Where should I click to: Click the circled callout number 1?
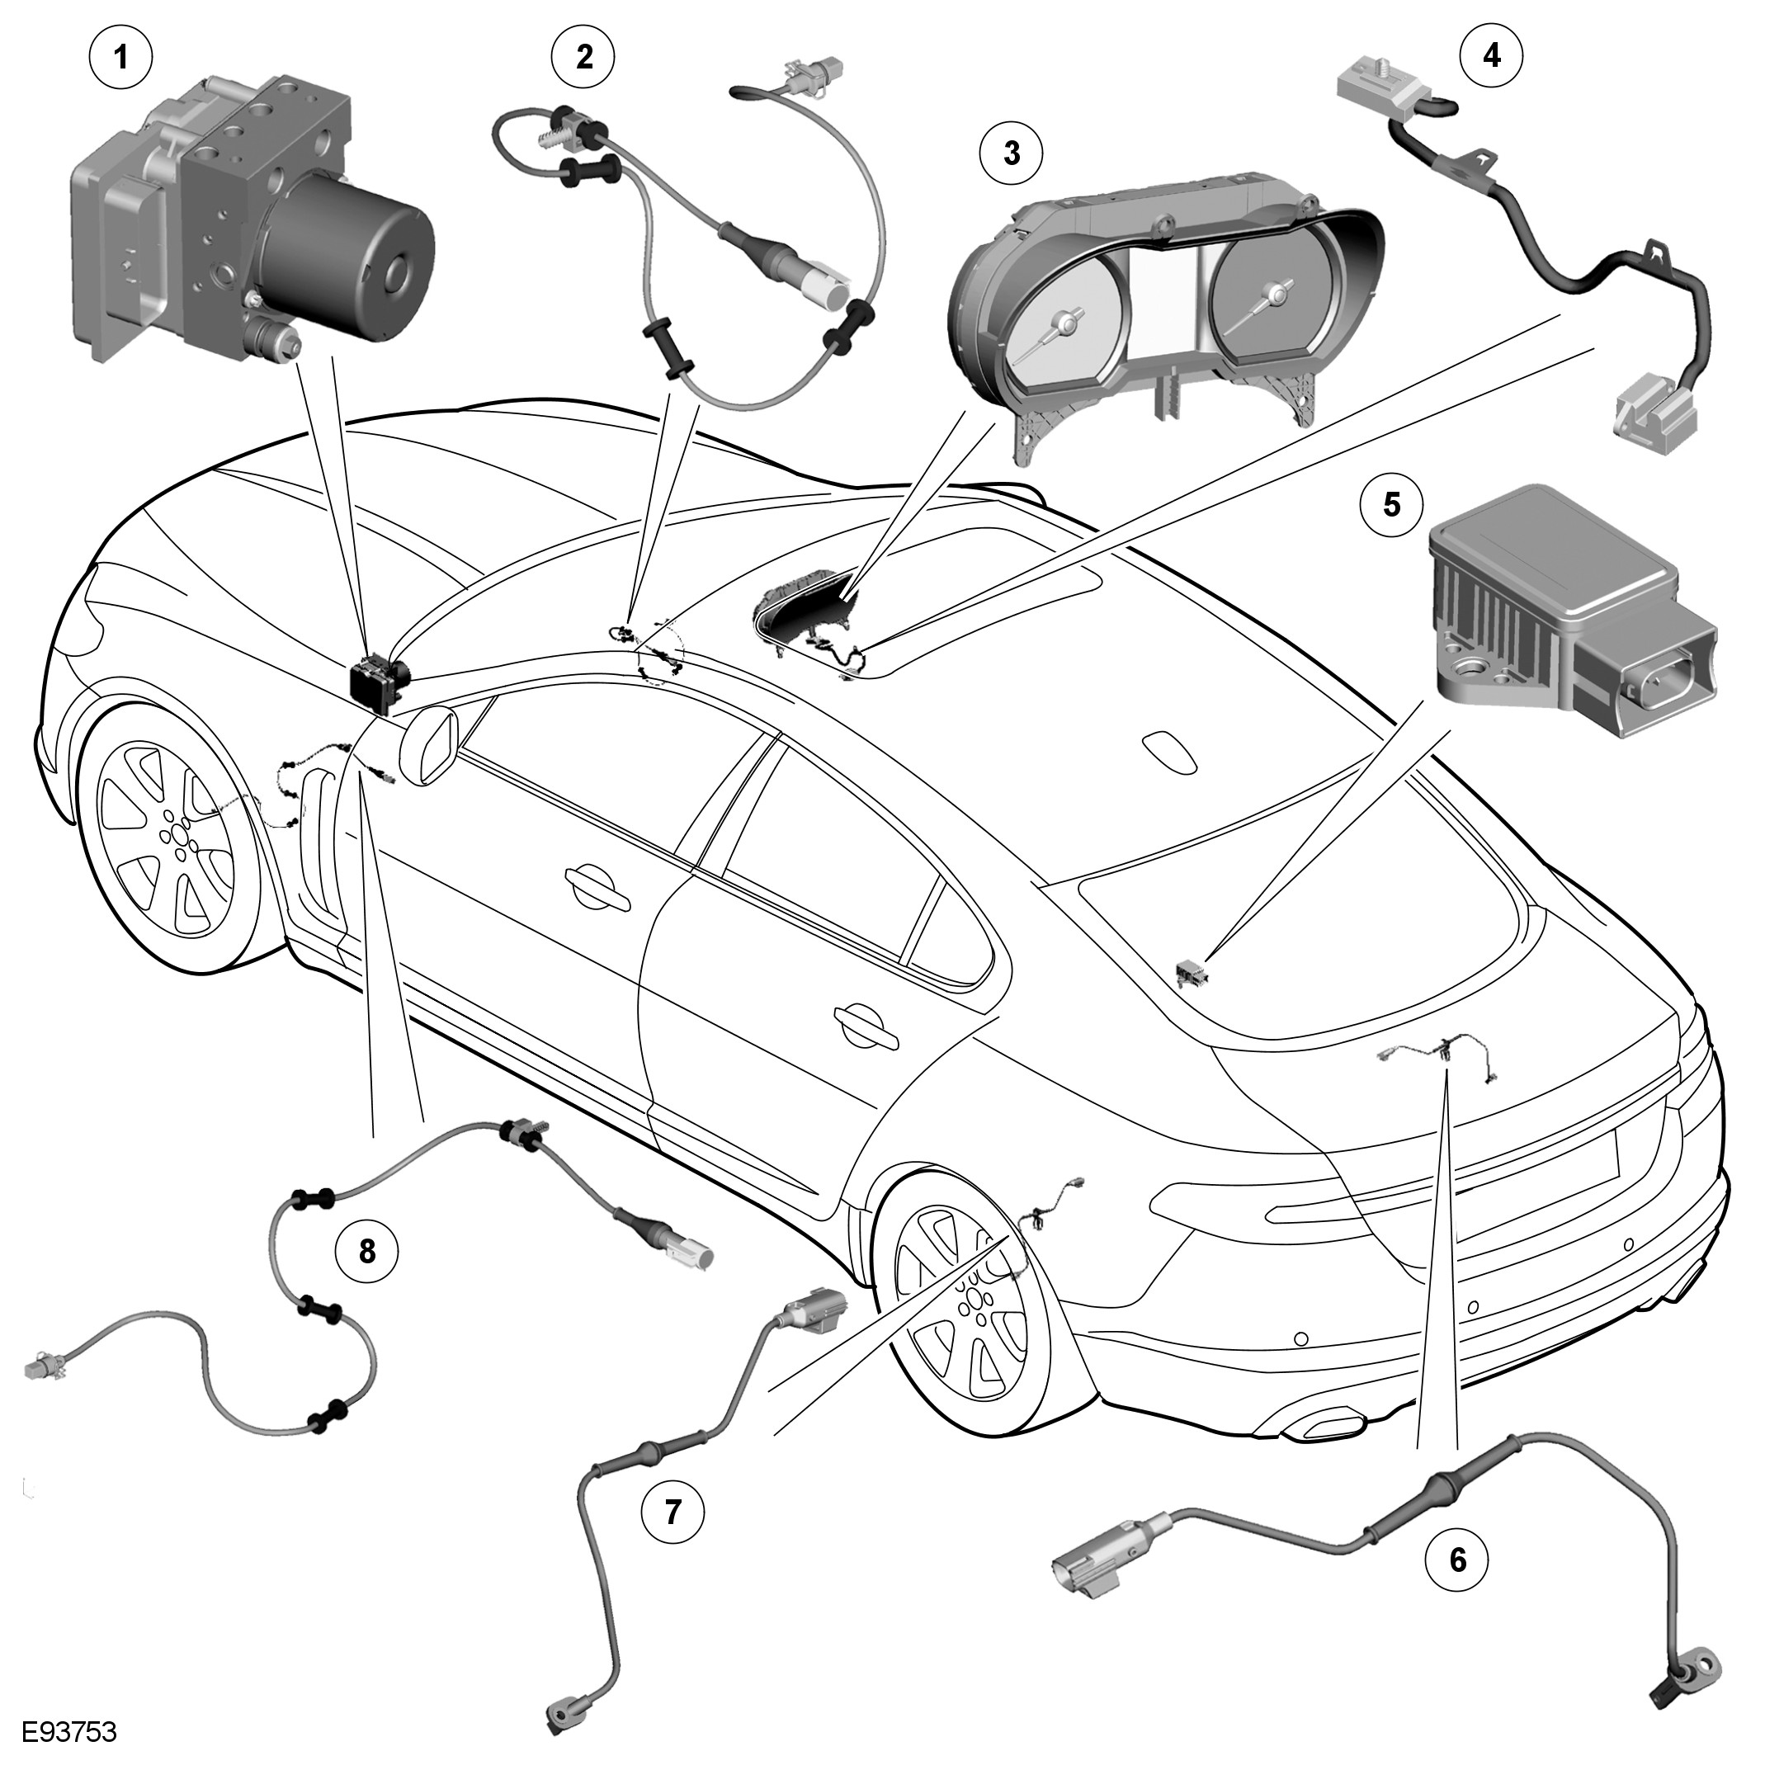coord(120,57)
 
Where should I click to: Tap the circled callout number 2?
coord(583,57)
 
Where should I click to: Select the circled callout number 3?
coord(1012,153)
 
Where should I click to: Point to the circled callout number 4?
coord(1491,56)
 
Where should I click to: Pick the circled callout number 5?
coord(1391,504)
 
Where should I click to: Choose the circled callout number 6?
coord(1457,1560)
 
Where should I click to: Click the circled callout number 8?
coord(366,1252)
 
